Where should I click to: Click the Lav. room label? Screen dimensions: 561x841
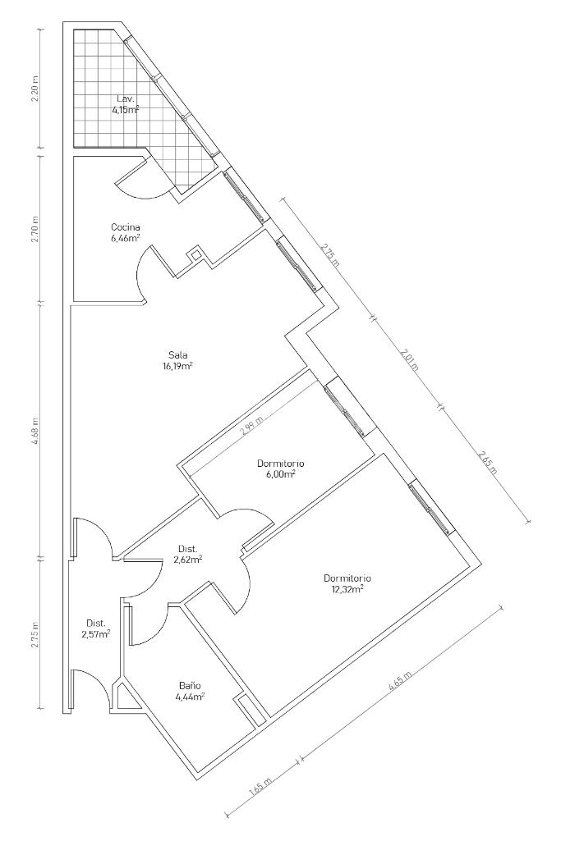tap(125, 98)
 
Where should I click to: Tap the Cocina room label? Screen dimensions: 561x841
tap(125, 226)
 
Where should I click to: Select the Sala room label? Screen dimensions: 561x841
tap(177, 354)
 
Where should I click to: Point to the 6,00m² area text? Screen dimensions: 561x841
tap(281, 474)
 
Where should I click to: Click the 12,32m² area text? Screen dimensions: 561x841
tap(347, 589)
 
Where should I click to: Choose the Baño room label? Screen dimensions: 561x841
tap(190, 685)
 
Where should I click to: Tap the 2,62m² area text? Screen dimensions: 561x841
tap(188, 560)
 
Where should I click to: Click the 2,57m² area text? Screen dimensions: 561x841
tap(96, 633)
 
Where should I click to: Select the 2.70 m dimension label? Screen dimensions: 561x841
tap(35, 230)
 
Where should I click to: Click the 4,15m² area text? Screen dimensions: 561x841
tap(126, 110)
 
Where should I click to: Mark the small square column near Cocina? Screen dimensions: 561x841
tap(196, 255)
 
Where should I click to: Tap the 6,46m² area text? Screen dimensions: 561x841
tap(125, 238)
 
